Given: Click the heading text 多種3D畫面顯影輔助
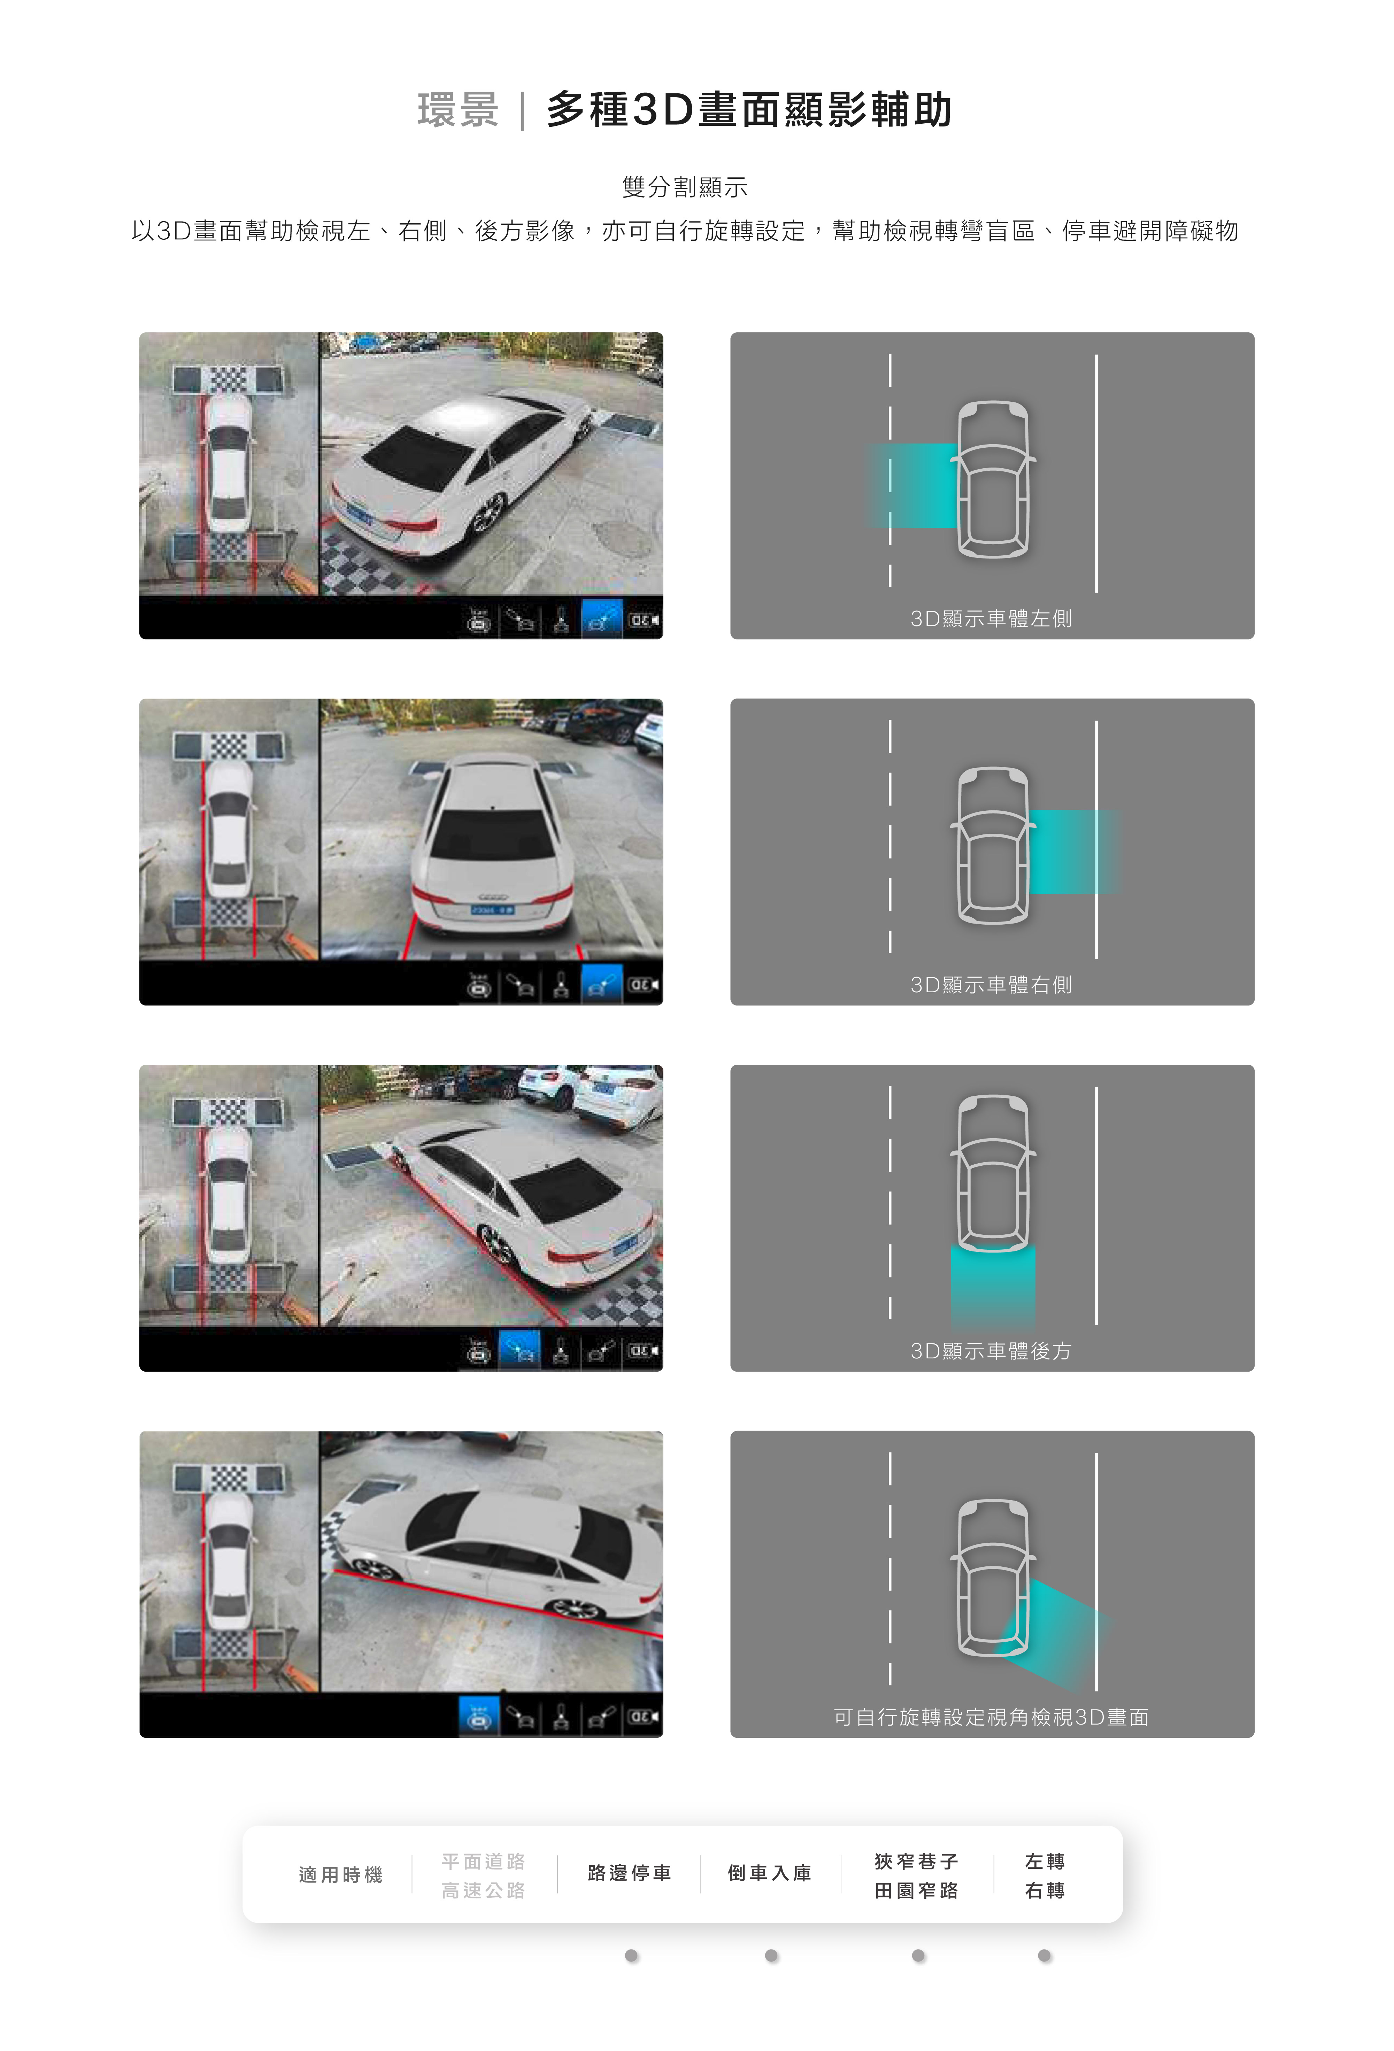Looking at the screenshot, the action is point(749,110).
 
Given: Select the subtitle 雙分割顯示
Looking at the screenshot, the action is point(685,187).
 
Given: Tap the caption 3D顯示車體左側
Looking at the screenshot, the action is point(992,619).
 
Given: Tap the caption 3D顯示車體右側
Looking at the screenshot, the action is point(992,985).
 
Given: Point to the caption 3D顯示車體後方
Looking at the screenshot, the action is point(992,1351).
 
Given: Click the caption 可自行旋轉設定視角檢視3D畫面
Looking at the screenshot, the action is point(992,1717).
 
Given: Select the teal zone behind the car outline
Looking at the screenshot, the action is point(993,1284).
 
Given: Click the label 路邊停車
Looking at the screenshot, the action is point(630,1873).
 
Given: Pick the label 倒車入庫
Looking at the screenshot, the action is point(770,1873).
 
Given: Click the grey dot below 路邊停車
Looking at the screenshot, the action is point(631,1956).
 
